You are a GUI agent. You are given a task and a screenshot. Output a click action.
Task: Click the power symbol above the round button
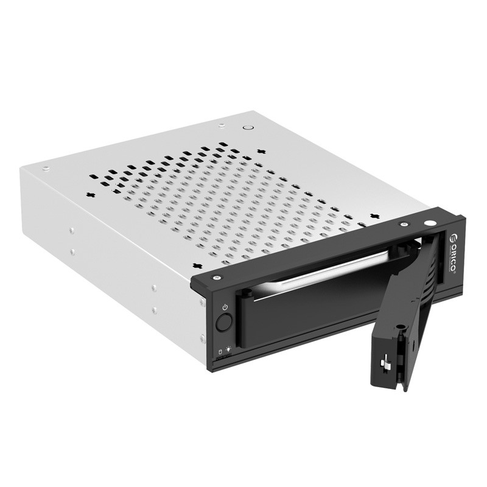pos(225,307)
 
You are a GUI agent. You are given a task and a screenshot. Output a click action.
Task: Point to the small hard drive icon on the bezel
pos(220,352)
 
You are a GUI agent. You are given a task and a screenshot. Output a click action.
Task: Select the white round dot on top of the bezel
pos(430,224)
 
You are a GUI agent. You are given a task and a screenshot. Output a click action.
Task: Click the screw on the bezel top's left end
pos(216,278)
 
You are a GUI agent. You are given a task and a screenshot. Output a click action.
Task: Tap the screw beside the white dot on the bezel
pos(403,225)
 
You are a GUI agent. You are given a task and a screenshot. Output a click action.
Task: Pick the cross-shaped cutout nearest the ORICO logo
pos(373,216)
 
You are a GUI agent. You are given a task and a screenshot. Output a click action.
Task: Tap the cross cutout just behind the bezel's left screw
pos(197,265)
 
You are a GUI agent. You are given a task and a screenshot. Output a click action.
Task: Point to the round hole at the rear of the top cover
pos(248,128)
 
